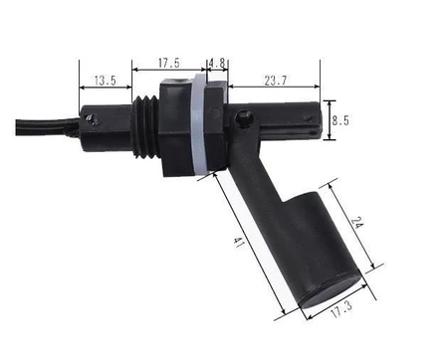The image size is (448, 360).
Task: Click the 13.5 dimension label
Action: [x=106, y=81]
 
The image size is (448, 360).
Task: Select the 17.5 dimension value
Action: [x=169, y=63]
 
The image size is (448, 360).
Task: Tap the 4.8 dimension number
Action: [x=217, y=63]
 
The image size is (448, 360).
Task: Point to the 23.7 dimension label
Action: [x=276, y=81]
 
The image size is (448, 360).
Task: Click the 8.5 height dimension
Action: [x=340, y=120]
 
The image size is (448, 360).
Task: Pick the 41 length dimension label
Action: [x=239, y=243]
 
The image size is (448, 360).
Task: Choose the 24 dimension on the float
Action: [x=356, y=223]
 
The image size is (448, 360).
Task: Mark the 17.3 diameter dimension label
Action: [x=341, y=309]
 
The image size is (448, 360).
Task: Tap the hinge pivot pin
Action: [x=244, y=118]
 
